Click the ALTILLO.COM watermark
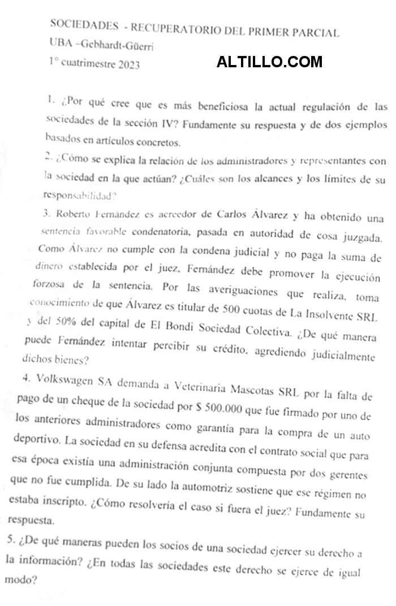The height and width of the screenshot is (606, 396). (269, 62)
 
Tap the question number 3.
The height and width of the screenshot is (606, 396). (46, 214)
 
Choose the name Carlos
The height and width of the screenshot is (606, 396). (229, 215)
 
